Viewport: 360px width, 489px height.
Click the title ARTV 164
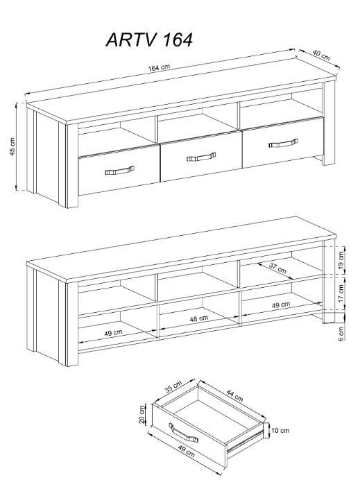coord(149,40)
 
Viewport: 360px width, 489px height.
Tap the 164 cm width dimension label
coord(159,67)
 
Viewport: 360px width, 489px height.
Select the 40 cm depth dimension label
coord(321,55)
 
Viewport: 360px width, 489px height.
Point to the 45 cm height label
coord(12,146)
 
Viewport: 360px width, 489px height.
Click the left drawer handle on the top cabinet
coord(119,170)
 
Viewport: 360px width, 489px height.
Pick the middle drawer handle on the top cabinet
coord(201,157)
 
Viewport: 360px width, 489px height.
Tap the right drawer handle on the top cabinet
coord(283,143)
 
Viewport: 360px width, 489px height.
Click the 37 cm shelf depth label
coord(277,268)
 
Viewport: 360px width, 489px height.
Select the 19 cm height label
coord(341,260)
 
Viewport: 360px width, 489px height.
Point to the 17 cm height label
coord(341,293)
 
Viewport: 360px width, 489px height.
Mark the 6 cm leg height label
coord(341,334)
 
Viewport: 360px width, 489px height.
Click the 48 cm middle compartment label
coord(198,319)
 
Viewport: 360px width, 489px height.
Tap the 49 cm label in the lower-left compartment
coord(113,333)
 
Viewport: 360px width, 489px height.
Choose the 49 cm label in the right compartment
coord(281,304)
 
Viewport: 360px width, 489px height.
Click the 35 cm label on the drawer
coord(173,387)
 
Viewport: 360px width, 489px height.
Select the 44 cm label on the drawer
coord(234,396)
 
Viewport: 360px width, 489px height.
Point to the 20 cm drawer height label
coord(142,415)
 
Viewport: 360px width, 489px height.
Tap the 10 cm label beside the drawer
coord(280,431)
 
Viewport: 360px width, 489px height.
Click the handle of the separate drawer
coord(183,433)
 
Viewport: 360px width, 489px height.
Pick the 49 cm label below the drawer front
coord(186,451)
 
